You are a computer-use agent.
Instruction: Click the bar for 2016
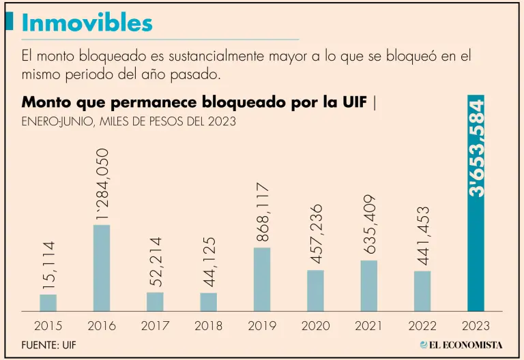coord(102,267)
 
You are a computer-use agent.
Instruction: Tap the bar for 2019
coord(262,279)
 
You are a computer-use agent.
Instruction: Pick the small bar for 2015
coord(48,302)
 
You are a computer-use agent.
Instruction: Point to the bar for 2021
coord(369,285)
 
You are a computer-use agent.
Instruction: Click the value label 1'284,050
coord(102,183)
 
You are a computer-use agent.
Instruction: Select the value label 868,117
coord(262,211)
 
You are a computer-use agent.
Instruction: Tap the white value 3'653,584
coord(477,149)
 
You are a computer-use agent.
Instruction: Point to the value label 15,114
coord(48,267)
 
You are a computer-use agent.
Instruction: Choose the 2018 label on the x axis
coord(208,326)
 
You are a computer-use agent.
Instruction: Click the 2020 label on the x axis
coord(315,326)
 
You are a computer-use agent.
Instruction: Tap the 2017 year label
coord(155,326)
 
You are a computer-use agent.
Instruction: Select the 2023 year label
coord(476,326)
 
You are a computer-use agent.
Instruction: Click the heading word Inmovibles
coord(87,22)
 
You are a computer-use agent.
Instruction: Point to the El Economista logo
coord(461,344)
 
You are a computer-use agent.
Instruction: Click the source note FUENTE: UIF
coord(48,344)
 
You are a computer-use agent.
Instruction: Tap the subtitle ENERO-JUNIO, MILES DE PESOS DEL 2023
coord(129,122)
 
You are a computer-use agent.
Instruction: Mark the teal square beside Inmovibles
coord(9,21)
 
